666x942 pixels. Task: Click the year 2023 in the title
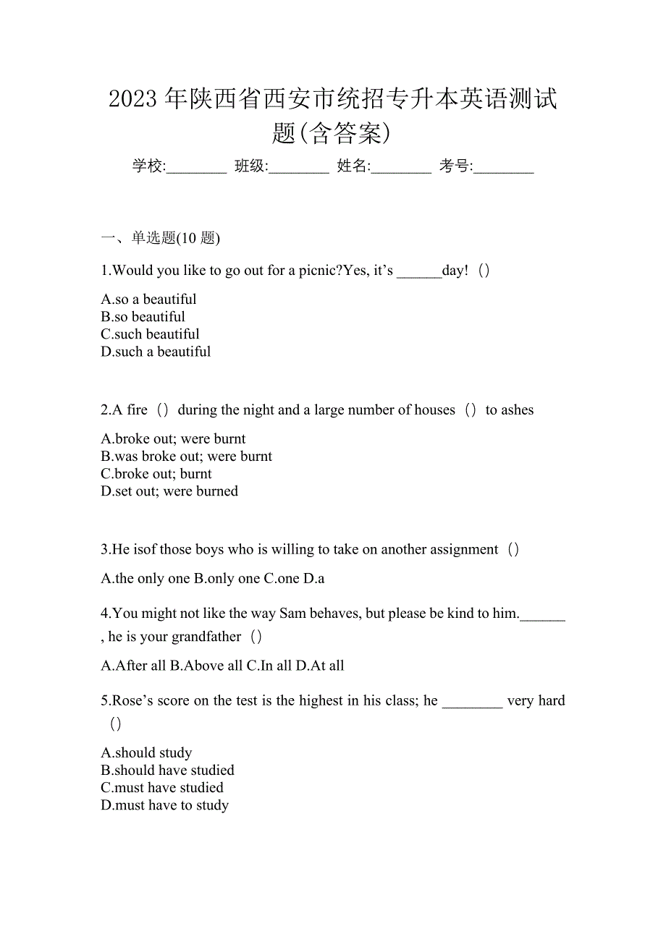pos(133,100)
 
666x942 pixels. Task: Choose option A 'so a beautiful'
pos(149,300)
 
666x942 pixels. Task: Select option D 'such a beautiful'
pos(156,352)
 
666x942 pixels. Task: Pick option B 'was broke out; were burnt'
pos(187,457)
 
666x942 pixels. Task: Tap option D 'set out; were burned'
pos(169,491)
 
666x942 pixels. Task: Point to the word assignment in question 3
pos(460,550)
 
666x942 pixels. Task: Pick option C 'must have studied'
pos(162,788)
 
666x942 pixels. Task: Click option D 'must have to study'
pos(165,805)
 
